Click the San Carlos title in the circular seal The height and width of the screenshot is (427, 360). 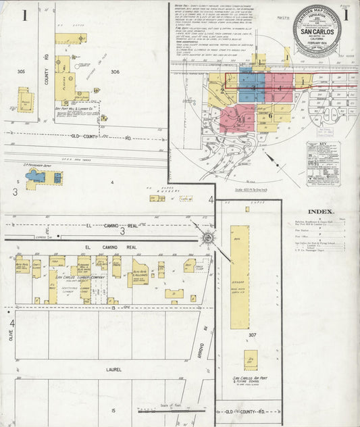point(316,33)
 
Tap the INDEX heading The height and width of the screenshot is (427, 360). point(319,210)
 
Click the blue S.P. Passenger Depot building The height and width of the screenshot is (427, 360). point(36,176)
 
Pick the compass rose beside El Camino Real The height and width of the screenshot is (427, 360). point(208,237)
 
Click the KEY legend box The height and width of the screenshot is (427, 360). point(323,163)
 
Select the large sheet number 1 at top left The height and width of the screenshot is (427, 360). point(24,15)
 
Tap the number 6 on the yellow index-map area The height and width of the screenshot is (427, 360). point(270,115)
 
